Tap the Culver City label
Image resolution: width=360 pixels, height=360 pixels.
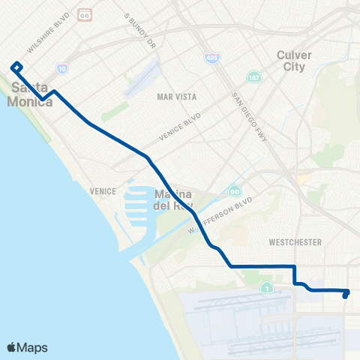pyautogui.click(x=292, y=61)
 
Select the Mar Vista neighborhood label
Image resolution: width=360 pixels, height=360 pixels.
pyautogui.click(x=175, y=97)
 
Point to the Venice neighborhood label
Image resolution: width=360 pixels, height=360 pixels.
pyautogui.click(x=102, y=191)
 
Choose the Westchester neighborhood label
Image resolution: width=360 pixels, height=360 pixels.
pyautogui.click(x=295, y=242)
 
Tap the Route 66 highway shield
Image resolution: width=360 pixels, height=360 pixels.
pyautogui.click(x=86, y=15)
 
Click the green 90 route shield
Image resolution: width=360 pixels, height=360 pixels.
pyautogui.click(x=235, y=191)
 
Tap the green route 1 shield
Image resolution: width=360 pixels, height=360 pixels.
pyautogui.click(x=266, y=287)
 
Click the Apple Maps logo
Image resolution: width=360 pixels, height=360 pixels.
pyautogui.click(x=27, y=347)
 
